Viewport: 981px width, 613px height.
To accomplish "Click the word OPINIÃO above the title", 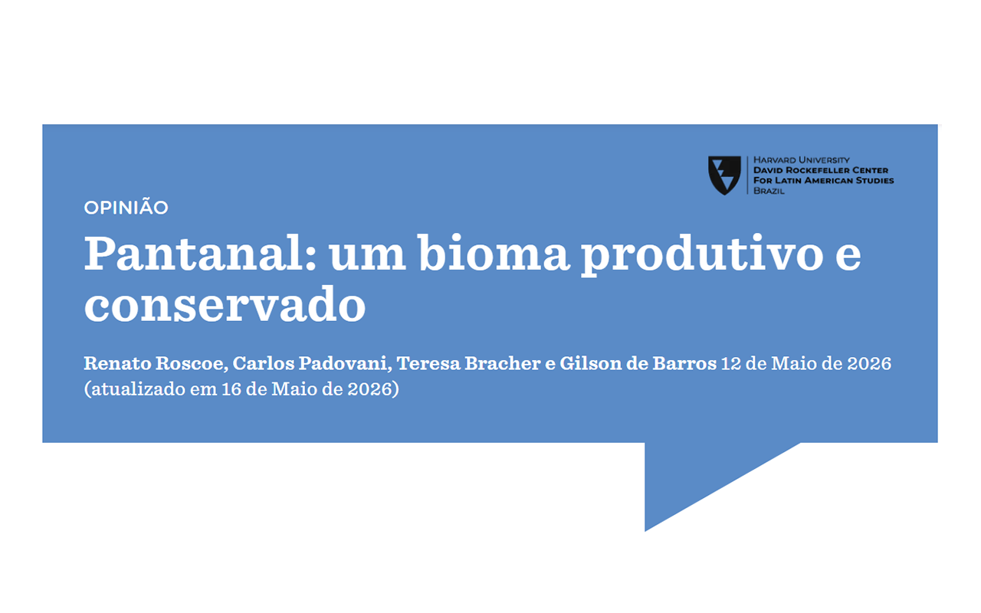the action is [x=126, y=207].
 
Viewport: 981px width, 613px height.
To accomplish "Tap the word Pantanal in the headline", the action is [x=200, y=253].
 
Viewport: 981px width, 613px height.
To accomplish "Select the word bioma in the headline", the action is [x=494, y=253].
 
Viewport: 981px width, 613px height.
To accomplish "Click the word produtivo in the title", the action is [x=701, y=255].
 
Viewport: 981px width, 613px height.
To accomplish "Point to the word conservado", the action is [x=225, y=303].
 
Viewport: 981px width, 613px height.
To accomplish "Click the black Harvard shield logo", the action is [x=724, y=175].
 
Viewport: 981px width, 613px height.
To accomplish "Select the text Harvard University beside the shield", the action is [x=802, y=160].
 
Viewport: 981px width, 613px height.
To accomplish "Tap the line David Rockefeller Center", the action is [x=821, y=170].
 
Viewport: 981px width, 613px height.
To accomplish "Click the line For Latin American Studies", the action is [x=823, y=180].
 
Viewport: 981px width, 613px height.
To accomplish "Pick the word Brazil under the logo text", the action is [x=769, y=191].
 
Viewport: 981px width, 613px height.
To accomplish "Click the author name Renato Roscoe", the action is [x=156, y=363].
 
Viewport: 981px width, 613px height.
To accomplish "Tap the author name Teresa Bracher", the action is [x=468, y=363].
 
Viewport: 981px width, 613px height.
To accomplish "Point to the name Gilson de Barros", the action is [x=638, y=363].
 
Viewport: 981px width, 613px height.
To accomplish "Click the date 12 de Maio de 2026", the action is [x=806, y=363].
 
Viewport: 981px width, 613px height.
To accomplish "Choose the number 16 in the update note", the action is [x=231, y=388].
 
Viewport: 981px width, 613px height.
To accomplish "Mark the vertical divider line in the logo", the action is [x=747, y=175].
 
